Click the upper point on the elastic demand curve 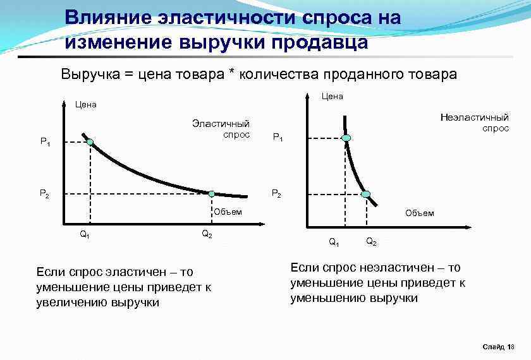coord(90,142)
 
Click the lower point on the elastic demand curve coord(212,194)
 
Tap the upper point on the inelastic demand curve coord(346,138)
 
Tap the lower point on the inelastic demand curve coord(365,194)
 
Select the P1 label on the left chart coord(45,143)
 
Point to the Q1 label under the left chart coord(84,234)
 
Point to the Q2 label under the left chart coord(207,234)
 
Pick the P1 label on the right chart coord(277,137)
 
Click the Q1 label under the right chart coord(334,242)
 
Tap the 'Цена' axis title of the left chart coord(85,104)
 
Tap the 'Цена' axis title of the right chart coord(332,96)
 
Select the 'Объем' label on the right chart coord(420,213)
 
